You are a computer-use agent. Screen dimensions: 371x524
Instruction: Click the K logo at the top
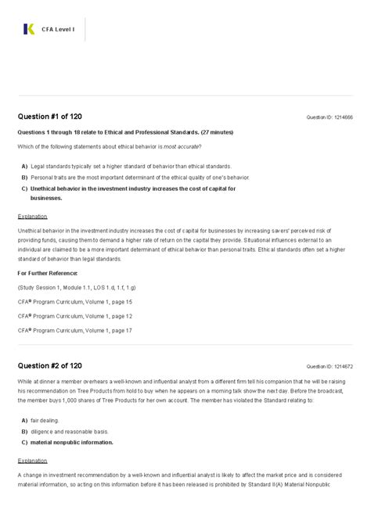(30, 30)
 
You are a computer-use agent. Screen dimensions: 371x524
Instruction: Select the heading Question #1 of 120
(50, 117)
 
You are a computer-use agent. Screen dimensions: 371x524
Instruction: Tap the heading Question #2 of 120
(50, 365)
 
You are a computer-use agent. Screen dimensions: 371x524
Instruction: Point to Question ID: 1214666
(330, 117)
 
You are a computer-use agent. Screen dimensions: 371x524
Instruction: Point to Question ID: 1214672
(330, 366)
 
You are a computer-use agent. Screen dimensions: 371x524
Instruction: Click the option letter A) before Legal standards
(24, 167)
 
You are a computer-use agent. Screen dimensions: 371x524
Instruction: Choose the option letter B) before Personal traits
(24, 178)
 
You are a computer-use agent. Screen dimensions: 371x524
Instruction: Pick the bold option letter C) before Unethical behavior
(24, 188)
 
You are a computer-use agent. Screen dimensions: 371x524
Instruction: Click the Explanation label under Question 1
(32, 216)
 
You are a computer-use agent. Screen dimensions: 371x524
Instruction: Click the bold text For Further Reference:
(47, 272)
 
